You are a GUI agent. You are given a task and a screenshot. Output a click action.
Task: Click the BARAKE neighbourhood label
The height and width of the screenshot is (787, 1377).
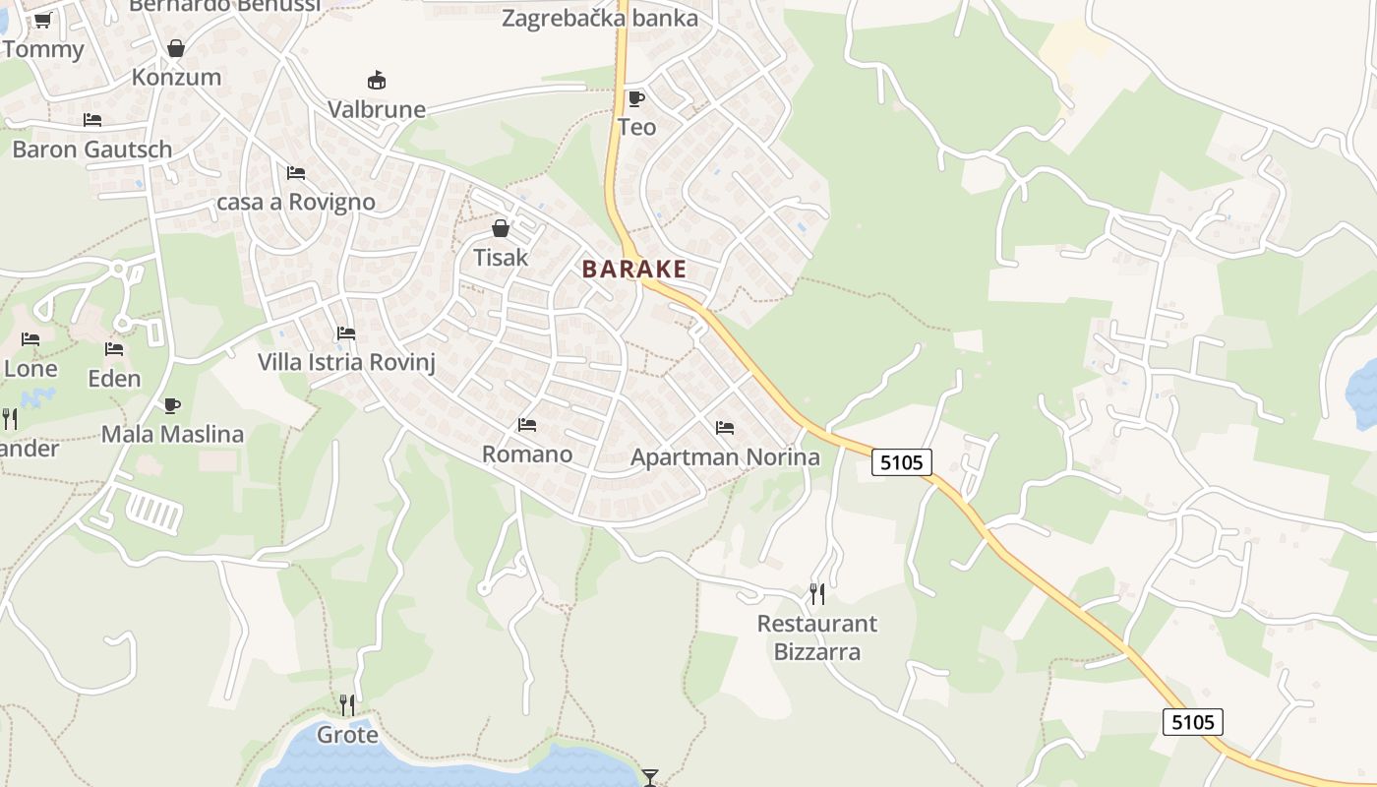tap(633, 270)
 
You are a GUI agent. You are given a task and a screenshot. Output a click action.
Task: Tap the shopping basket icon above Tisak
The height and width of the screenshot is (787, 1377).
tap(501, 229)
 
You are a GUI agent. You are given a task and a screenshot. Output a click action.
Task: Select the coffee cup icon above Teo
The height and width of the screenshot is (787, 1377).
tap(636, 97)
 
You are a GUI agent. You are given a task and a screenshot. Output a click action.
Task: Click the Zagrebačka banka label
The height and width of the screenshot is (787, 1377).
tap(600, 18)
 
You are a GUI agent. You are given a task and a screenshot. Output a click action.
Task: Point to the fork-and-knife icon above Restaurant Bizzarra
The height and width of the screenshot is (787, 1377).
tap(817, 593)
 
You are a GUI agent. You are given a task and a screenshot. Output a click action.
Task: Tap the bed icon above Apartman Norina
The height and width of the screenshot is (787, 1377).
tap(725, 428)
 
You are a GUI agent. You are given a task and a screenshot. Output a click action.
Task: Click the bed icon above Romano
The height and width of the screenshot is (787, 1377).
tap(527, 425)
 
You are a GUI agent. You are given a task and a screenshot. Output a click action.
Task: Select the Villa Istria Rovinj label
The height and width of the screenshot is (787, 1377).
tap(346, 362)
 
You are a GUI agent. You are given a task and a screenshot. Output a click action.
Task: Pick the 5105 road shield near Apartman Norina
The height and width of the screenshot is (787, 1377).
tap(902, 461)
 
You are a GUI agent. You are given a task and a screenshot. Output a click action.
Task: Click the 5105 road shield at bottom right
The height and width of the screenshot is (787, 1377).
tap(1192, 722)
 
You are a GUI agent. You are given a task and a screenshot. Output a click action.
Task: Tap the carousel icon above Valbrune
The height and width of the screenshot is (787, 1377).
tap(376, 80)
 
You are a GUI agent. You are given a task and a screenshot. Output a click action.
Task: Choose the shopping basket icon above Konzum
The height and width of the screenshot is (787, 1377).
tap(176, 48)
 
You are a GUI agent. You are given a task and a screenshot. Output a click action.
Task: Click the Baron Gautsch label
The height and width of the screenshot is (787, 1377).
tap(92, 150)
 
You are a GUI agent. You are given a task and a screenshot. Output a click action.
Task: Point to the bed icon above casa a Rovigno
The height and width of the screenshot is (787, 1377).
tap(296, 173)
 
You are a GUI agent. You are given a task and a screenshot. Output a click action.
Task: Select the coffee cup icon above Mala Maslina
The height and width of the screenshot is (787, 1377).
tap(172, 405)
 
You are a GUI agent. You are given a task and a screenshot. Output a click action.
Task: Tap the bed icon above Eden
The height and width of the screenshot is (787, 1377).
tap(114, 349)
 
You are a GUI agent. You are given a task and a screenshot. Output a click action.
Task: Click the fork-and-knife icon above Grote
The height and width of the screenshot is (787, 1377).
tap(347, 704)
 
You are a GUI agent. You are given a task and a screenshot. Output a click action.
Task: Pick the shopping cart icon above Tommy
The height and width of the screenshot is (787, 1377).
tap(42, 20)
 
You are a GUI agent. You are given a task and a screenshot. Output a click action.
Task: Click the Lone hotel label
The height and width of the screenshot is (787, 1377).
tap(31, 369)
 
